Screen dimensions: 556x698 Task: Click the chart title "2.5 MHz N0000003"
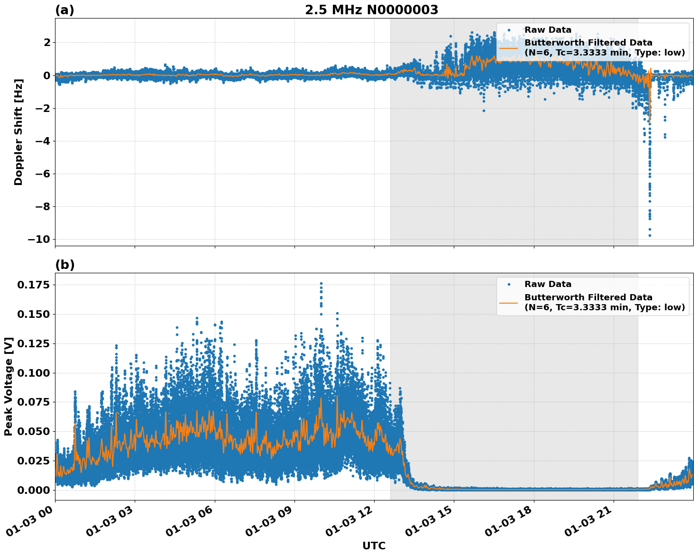(371, 10)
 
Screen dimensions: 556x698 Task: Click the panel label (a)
(64, 10)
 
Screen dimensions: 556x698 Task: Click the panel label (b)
(64, 265)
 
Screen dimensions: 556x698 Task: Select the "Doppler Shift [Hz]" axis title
(18, 132)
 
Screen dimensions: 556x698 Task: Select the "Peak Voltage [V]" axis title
(9, 386)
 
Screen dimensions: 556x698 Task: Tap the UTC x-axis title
(374, 546)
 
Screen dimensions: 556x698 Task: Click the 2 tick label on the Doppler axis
(46, 43)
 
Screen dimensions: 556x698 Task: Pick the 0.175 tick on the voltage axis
(34, 285)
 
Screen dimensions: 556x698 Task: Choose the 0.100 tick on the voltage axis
(34, 373)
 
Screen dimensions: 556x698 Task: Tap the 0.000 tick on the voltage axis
(34, 490)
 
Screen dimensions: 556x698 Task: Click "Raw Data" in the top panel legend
(548, 30)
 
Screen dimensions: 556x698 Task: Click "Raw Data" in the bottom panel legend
(548, 284)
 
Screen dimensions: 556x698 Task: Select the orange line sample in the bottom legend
(508, 302)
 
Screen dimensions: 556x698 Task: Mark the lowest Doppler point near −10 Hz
(650, 235)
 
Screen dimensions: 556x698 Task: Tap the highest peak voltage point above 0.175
(321, 283)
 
